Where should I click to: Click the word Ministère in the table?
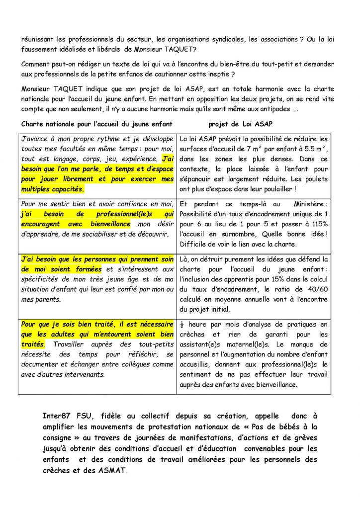pos(312,204)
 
